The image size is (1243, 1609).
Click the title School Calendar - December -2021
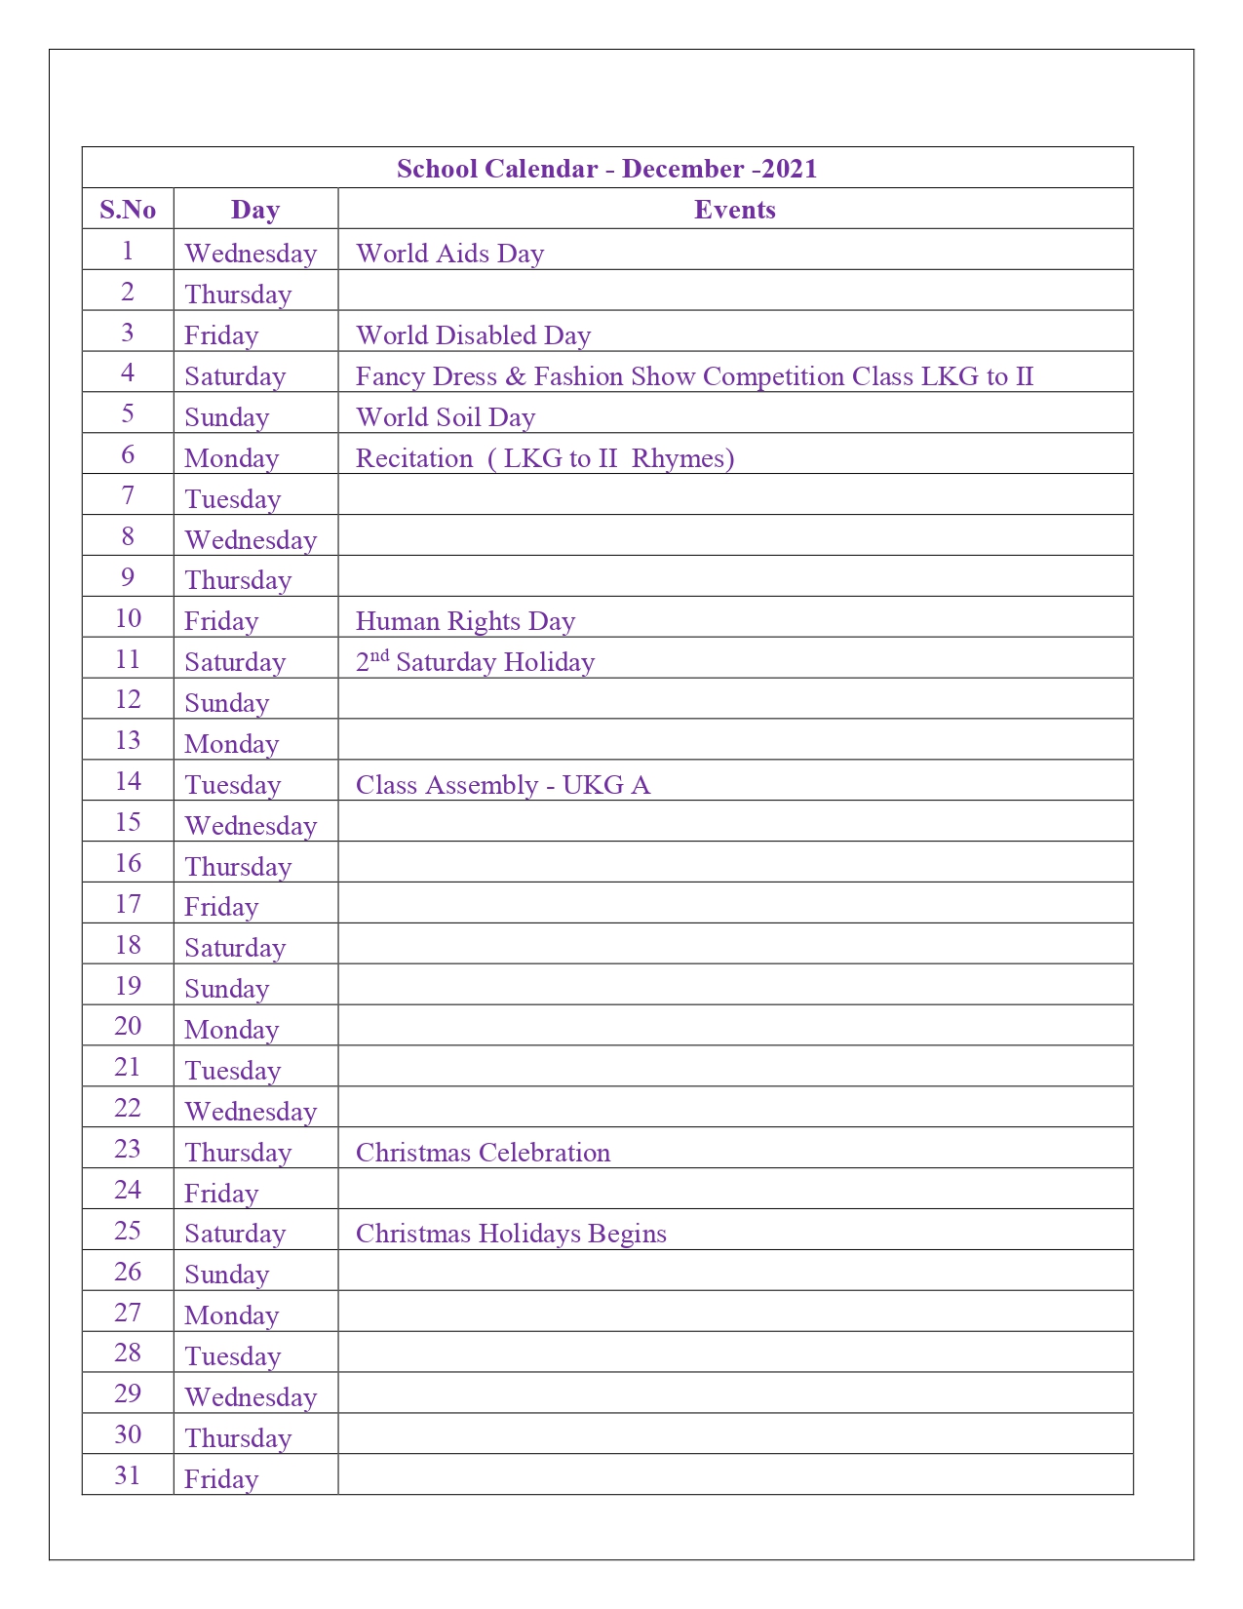click(x=606, y=169)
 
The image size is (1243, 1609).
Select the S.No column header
click(x=128, y=210)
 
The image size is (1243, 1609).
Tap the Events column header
click(x=734, y=210)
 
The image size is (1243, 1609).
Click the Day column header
click(x=255, y=210)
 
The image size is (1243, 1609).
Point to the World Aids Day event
click(x=449, y=254)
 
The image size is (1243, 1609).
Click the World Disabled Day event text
click(x=473, y=335)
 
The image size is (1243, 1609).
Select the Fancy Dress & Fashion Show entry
click(x=694, y=376)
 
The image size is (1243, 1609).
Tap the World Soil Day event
click(x=446, y=417)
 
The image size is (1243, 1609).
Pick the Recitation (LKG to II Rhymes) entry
click(x=545, y=458)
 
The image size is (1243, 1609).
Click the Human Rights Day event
click(x=465, y=621)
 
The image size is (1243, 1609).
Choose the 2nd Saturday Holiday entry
click(x=475, y=662)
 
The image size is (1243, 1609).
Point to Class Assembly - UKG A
click(x=502, y=785)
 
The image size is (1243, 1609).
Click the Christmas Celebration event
click(x=483, y=1153)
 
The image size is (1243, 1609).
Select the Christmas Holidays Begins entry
click(x=511, y=1234)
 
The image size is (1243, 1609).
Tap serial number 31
click(x=128, y=1475)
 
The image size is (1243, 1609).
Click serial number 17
click(x=128, y=904)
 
